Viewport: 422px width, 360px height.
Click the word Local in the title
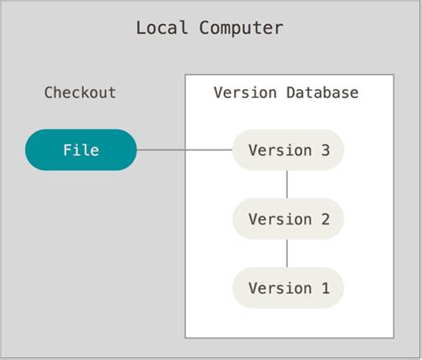162,28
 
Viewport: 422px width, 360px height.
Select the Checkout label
80,93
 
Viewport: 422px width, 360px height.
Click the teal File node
81,150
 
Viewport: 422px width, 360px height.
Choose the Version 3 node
288,150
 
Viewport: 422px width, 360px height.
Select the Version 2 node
288,219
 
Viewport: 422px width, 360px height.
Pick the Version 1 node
288,288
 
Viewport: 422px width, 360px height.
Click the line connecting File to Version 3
184,150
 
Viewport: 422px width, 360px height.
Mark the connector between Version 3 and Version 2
288,184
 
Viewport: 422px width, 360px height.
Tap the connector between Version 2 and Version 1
288,254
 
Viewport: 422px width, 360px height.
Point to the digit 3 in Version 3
325,150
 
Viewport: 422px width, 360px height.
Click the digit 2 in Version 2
325,219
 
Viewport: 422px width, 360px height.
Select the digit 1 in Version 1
325,288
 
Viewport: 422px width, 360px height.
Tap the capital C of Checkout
50,93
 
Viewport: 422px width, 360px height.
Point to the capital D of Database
290,93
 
